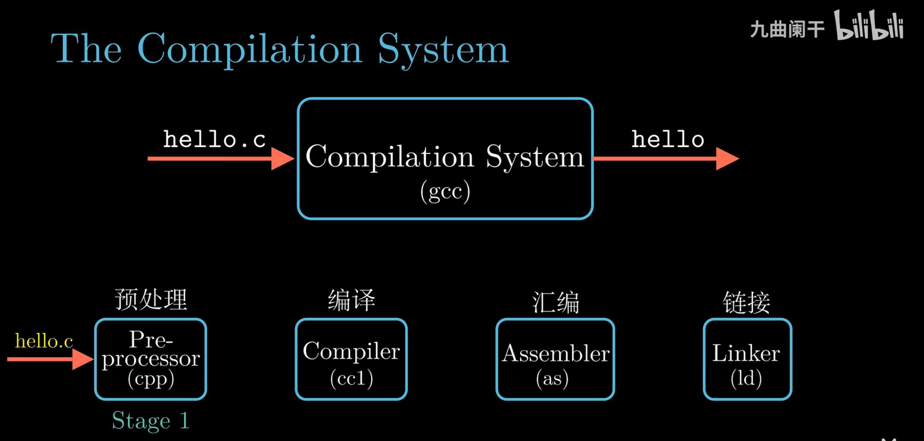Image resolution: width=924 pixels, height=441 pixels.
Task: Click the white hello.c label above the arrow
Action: (215, 139)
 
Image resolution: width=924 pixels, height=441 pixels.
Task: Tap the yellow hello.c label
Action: (44, 341)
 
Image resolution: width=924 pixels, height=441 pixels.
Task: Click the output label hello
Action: (668, 139)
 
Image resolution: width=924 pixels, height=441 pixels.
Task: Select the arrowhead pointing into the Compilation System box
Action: (282, 159)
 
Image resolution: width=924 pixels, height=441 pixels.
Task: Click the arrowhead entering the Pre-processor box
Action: (82, 359)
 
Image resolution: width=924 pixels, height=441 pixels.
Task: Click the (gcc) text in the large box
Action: (445, 191)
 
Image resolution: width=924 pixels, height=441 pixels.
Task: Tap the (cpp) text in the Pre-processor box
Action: (151, 379)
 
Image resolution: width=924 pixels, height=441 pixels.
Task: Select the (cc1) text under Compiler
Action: (351, 378)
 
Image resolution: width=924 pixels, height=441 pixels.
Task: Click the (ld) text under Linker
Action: (746, 378)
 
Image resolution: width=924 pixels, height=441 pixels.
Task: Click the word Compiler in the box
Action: (351, 351)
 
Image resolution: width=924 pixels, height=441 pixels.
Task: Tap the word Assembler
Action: (556, 353)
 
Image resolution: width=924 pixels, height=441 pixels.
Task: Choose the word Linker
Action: (746, 353)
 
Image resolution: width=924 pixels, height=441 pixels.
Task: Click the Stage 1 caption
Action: (150, 421)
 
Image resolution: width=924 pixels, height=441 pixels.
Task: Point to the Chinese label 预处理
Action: (151, 299)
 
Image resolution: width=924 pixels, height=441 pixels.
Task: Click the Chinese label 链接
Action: (746, 302)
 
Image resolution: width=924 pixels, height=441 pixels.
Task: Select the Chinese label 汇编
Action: (556, 302)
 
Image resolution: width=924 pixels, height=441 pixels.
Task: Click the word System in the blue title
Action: (443, 50)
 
